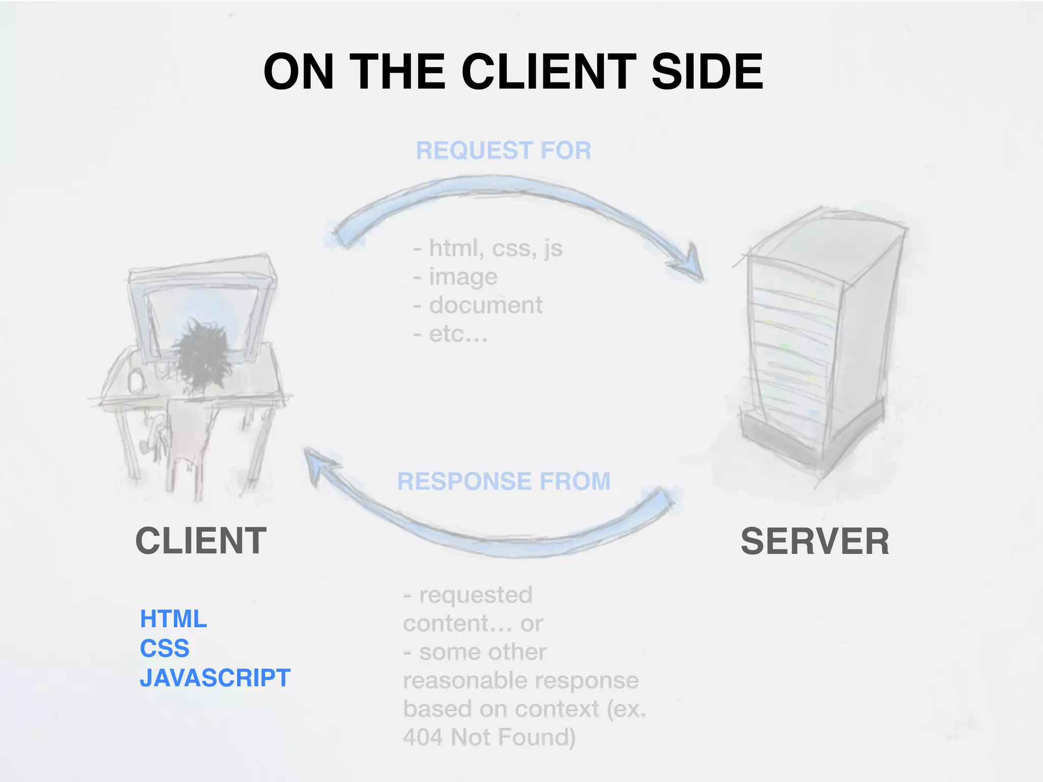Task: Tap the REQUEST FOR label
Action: pos(503,151)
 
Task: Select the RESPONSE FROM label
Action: pos(504,481)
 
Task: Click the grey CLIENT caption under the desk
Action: pos(201,541)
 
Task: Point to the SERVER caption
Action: pos(814,541)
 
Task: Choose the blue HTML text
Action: pos(173,619)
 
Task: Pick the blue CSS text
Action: pos(164,649)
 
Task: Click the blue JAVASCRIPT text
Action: pos(215,678)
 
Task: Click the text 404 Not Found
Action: pos(489,737)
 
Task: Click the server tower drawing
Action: pos(815,346)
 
